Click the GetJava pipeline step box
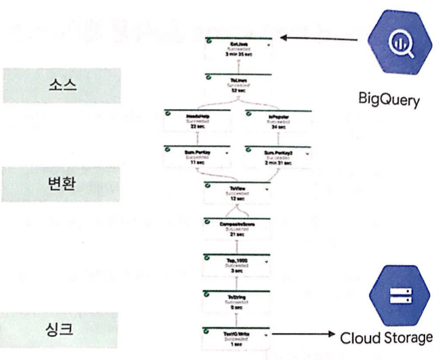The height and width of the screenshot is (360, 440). [x=238, y=49]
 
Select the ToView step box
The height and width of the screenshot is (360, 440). [x=238, y=193]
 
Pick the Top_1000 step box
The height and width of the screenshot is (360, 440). [x=238, y=265]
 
